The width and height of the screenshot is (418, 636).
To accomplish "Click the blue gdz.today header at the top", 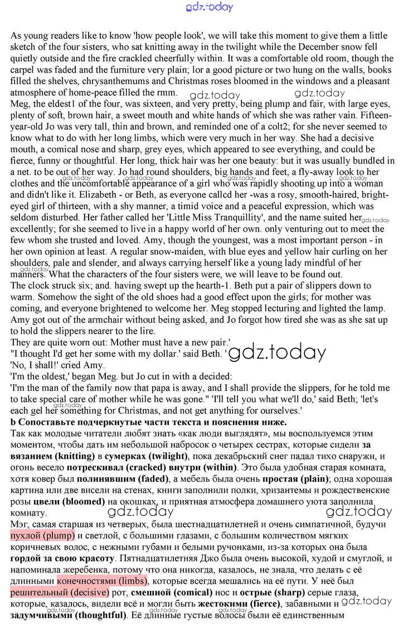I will tap(208, 7).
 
